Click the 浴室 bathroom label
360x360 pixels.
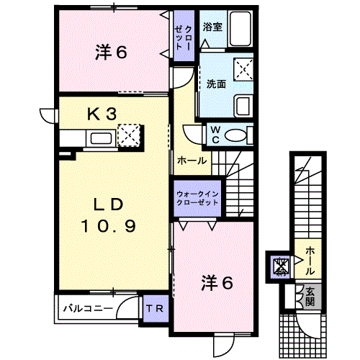(212, 27)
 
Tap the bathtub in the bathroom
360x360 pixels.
(240, 29)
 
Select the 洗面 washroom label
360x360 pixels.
(216, 84)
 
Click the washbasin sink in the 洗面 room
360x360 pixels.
(243, 106)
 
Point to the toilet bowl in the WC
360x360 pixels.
(235, 136)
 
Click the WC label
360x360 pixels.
(215, 135)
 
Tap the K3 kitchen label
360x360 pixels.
(102, 114)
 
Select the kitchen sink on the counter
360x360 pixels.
(101, 138)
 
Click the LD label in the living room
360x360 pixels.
(109, 204)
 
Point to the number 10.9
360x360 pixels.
(109, 226)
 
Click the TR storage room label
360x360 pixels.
(155, 308)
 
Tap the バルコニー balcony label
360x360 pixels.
(88, 308)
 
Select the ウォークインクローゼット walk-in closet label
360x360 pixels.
(197, 198)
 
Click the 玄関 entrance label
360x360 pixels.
(310, 297)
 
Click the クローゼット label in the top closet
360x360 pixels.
(184, 37)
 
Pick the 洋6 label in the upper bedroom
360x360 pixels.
(111, 52)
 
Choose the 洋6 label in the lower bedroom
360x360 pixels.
(217, 282)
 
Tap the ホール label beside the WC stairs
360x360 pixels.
(192, 161)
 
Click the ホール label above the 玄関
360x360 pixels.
(310, 261)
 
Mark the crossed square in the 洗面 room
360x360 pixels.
(243, 69)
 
